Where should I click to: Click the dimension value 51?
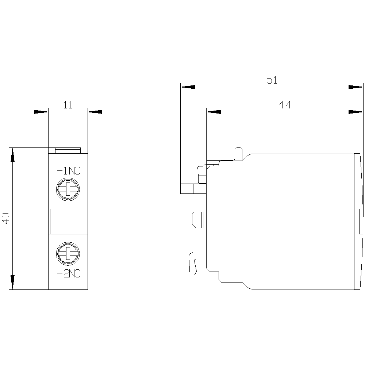tap(272, 80)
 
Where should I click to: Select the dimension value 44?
tap(285, 105)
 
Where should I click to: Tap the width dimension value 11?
tap(68, 105)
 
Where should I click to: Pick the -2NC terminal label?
tap(68, 273)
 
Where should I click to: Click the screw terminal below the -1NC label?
tap(68, 190)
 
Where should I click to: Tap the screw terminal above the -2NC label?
tap(68, 253)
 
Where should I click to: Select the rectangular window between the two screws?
tap(68, 221)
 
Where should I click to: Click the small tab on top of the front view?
tap(68, 150)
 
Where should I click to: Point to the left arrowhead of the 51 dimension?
tap(188, 87)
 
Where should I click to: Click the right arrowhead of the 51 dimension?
tap(356, 87)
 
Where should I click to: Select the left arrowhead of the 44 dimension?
tap(214, 112)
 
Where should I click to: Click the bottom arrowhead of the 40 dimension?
tap(13, 282)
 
